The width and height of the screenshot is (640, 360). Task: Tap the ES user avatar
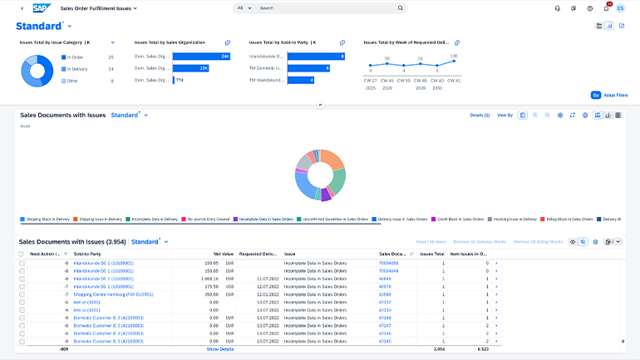point(620,8)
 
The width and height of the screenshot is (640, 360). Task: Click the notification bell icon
point(606,8)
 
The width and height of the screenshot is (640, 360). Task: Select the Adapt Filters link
point(616,96)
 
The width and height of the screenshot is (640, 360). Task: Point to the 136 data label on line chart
point(453,56)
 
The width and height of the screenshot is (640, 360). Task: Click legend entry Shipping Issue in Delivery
point(101,219)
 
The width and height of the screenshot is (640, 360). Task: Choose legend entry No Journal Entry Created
point(205,219)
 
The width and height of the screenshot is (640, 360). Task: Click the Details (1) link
point(480,116)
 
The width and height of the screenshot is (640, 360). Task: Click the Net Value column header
point(222,254)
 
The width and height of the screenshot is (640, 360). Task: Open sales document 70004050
point(389,263)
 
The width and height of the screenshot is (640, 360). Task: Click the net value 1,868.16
point(209,279)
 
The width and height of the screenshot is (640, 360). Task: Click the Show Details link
point(220,349)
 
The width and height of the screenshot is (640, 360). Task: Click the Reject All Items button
point(433,241)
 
